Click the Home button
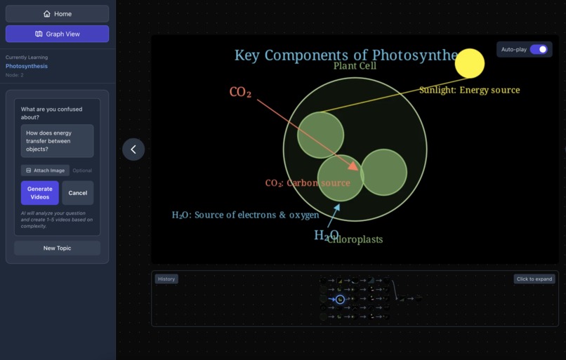coord(57,13)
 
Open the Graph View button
coord(57,34)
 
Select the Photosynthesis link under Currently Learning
coord(27,66)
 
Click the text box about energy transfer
coord(57,140)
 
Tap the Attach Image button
coord(45,170)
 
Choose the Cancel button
coord(77,193)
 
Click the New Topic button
coord(57,248)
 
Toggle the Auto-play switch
coord(539,50)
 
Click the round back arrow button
coord(133,149)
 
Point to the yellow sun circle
coord(470,63)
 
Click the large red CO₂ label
coord(240,92)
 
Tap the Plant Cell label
coord(355,66)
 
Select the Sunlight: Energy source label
coord(469,90)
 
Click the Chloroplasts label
coord(355,239)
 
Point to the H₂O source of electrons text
coord(245,215)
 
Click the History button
coord(166,279)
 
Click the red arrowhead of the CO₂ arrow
coord(353,167)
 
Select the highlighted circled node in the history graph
coord(340,299)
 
